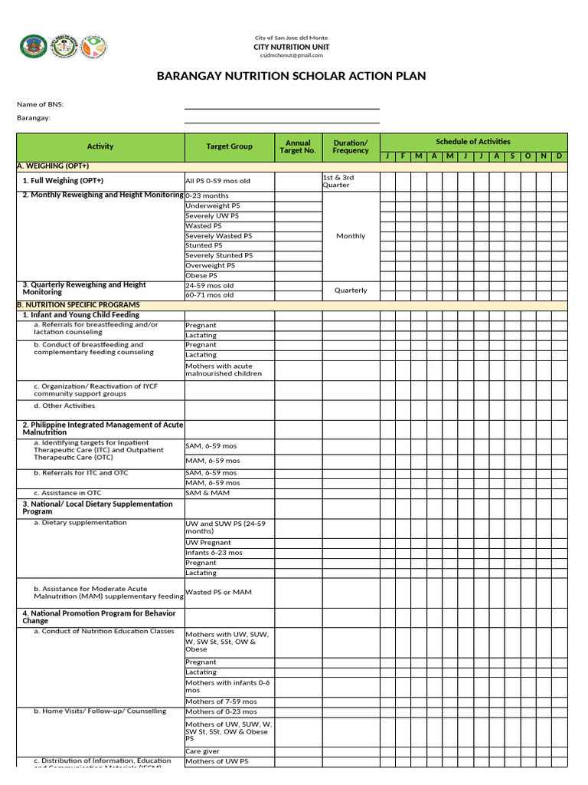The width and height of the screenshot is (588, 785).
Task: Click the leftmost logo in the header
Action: click(33, 48)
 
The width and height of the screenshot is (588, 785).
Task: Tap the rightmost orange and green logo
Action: click(94, 48)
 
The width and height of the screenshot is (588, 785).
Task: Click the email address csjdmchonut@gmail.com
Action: click(291, 55)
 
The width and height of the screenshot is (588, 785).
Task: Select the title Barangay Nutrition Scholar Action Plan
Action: click(291, 76)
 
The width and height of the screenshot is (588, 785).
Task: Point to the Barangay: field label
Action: click(34, 118)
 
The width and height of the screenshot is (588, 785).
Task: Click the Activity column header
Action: click(100, 146)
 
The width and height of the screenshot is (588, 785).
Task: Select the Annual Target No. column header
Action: click(298, 146)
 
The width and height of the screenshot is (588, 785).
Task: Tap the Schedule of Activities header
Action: click(473, 142)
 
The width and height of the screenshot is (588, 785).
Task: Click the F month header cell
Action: click(403, 156)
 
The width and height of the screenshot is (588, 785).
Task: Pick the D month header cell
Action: click(560, 156)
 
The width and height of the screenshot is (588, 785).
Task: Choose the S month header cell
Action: click(512, 156)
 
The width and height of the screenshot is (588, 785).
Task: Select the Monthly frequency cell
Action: click(351, 236)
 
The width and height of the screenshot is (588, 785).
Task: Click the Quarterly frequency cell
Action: click(351, 291)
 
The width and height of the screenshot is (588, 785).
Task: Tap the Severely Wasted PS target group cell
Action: click(219, 236)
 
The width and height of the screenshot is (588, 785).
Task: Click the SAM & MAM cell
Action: click(207, 493)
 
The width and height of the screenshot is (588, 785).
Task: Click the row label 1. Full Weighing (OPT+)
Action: click(63, 181)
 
